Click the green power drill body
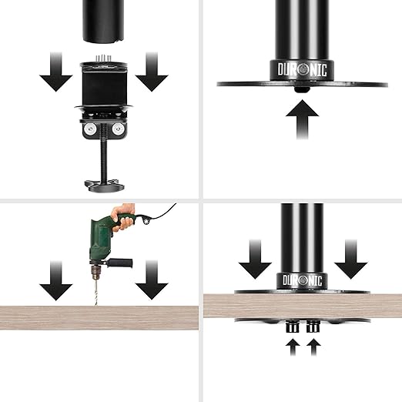coord(102,239)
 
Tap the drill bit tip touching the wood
coord(96,305)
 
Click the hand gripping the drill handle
coord(124,216)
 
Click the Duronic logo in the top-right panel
coord(302,69)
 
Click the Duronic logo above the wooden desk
coord(302,280)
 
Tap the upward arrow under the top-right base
coord(302,119)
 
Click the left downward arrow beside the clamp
coord(56,72)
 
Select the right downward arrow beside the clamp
coord(152,72)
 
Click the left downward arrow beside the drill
coord(56,280)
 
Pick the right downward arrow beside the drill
coord(152,280)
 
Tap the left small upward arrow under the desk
coord(293,347)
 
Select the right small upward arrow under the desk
coord(313,347)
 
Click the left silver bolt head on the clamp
coord(89,129)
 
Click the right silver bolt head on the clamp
coord(118,129)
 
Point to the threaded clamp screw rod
coord(104,153)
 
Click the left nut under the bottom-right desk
coord(293,327)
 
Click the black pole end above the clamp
coord(103,21)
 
